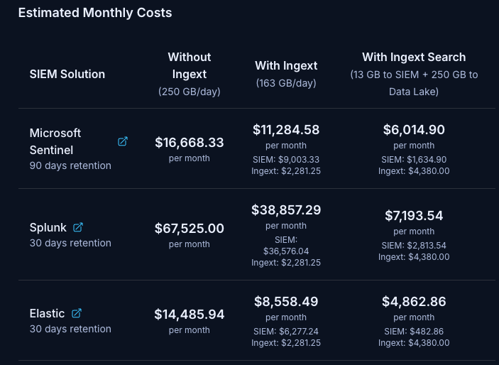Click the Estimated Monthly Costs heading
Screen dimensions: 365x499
click(94, 13)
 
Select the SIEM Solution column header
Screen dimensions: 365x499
click(67, 74)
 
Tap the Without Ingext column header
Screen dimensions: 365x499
click(190, 65)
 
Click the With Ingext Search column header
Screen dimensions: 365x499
click(414, 57)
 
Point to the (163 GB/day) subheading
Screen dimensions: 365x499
click(286, 83)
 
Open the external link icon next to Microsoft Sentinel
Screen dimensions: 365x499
click(123, 141)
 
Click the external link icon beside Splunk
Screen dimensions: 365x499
click(78, 227)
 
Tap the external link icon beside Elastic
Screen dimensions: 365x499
click(77, 313)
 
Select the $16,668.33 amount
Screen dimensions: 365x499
click(190, 142)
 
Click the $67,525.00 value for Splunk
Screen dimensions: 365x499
click(190, 228)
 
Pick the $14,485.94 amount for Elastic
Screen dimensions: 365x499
click(190, 314)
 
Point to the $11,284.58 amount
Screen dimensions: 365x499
click(286, 129)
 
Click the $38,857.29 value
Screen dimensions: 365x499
click(286, 209)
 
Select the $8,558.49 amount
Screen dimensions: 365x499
click(286, 301)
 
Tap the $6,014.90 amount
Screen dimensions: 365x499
click(414, 129)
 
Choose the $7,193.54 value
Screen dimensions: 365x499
click(414, 215)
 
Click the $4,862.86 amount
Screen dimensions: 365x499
click(414, 301)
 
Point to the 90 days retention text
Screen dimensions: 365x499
click(70, 165)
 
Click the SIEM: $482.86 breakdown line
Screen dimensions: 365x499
click(414, 331)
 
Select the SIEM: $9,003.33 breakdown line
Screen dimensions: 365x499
click(286, 159)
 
